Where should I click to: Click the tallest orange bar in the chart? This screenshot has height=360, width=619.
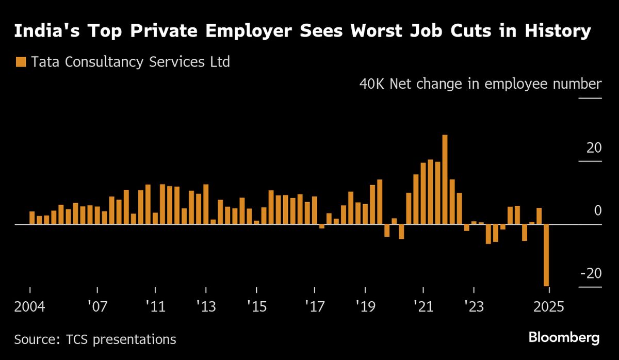pos(445,179)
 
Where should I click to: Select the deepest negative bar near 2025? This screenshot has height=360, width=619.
pos(546,255)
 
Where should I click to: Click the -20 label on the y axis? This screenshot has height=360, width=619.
pos(590,273)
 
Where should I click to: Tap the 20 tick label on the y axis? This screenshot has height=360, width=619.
pos(594,148)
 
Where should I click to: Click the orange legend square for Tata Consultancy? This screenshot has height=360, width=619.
pos(21,62)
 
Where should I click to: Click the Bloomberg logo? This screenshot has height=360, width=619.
pos(564,338)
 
